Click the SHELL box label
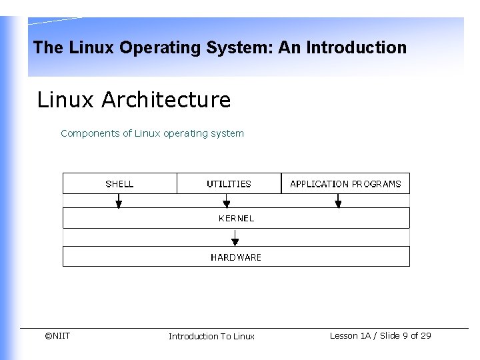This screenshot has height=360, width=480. coord(119,184)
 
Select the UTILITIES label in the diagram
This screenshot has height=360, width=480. coord(229,184)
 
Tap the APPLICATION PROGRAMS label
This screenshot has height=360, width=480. coord(345,184)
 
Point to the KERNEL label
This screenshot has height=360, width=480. coord(236,218)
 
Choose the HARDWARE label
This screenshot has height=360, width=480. coord(236,257)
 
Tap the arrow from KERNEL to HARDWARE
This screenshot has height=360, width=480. coord(235,237)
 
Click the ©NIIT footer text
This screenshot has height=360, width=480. coord(57,335)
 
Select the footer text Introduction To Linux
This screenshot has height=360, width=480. coord(211,336)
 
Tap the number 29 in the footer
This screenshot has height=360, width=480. coord(425,335)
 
